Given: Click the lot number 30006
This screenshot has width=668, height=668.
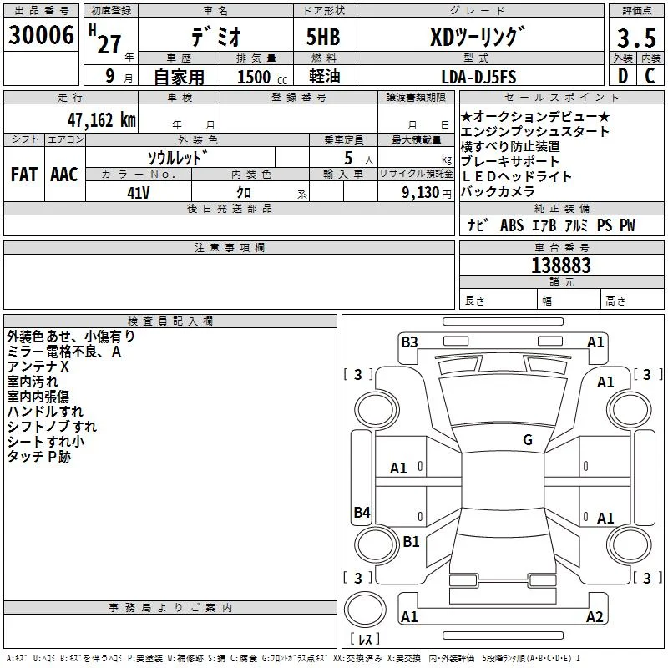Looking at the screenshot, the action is click(41, 35).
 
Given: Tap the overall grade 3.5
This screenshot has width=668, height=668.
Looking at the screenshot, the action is click(636, 38).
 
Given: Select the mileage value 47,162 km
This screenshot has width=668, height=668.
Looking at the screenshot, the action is click(101, 120).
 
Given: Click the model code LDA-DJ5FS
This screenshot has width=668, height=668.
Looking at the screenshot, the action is click(478, 77).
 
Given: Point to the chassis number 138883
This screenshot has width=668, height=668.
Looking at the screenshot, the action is click(561, 266).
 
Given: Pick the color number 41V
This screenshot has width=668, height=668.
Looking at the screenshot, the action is click(139, 193).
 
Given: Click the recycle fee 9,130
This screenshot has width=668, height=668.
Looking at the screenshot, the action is click(421, 193).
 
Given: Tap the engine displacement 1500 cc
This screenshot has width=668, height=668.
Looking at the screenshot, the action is click(262, 77).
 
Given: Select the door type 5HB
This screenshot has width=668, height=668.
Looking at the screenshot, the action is click(323, 37).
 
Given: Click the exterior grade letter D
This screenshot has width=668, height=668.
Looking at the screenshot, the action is click(623, 76).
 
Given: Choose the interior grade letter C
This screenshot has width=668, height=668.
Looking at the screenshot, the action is click(650, 76).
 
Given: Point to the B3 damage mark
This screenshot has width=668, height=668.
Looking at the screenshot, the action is click(409, 342).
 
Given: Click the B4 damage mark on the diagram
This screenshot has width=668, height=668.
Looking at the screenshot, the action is click(362, 512).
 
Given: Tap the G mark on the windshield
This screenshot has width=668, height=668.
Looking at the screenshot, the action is click(528, 439).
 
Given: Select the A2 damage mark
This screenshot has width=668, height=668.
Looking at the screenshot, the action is click(595, 616).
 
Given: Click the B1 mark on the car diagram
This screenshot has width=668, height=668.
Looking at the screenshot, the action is click(411, 541).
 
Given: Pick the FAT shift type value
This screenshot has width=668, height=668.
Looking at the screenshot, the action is click(24, 175).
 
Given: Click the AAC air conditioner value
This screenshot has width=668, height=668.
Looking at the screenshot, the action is click(64, 175).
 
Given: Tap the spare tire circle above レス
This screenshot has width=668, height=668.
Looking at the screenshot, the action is click(365, 610).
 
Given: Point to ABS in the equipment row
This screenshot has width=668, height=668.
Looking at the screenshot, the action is click(512, 225).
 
